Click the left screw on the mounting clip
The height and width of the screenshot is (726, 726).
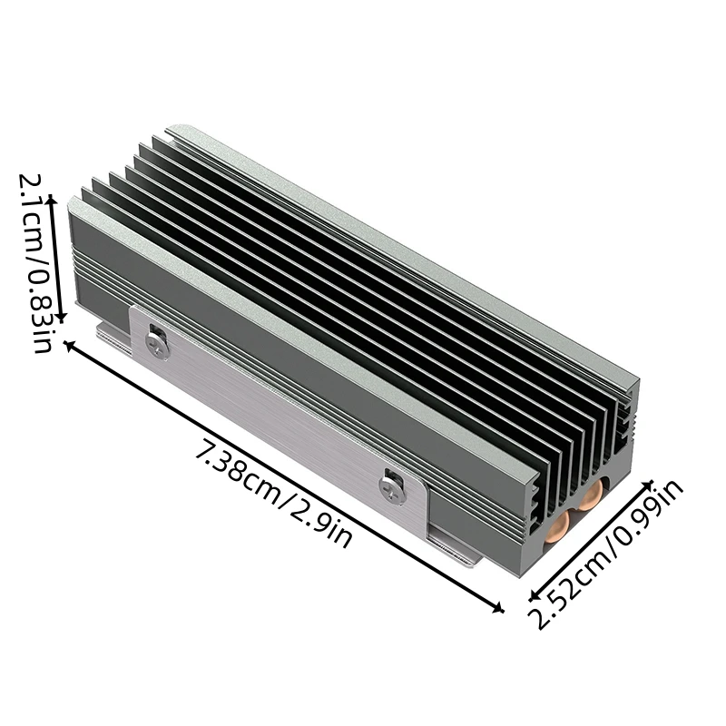click(x=156, y=345)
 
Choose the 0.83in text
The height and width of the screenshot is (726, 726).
click(x=42, y=309)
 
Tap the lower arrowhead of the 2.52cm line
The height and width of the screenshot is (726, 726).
click(x=535, y=596)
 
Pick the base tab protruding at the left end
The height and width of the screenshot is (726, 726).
click(x=111, y=336)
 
